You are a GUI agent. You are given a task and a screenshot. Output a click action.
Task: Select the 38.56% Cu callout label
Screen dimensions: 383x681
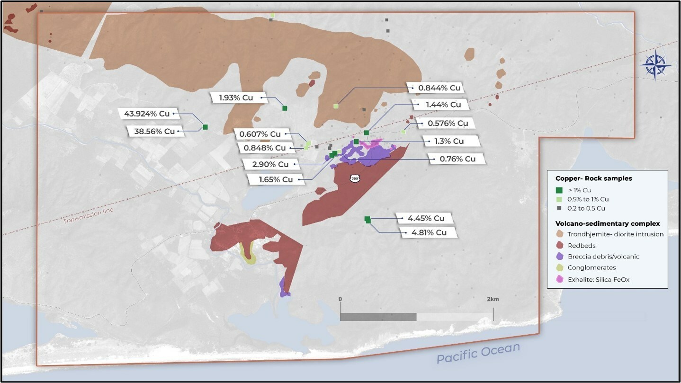(154, 132)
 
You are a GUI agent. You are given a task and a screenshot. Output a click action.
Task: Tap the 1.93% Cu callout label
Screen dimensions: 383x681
(236, 98)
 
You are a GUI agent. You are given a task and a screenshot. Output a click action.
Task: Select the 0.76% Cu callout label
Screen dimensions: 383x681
(457, 159)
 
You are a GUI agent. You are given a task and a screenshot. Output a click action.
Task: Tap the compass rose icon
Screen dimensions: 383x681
(654, 65)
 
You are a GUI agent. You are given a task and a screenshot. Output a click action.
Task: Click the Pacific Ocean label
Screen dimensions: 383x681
(478, 353)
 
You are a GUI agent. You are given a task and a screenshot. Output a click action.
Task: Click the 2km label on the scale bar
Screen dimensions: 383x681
(493, 299)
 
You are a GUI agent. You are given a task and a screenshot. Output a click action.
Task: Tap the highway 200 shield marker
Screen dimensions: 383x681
(355, 178)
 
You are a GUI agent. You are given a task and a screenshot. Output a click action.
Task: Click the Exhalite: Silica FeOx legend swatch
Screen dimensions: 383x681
(560, 280)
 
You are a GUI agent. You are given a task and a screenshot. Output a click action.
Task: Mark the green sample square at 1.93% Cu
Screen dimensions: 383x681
(285, 108)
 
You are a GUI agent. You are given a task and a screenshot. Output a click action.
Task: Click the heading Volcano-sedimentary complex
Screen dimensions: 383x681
(608, 223)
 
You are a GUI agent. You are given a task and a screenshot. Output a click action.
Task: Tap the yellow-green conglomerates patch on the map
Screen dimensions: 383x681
(248, 254)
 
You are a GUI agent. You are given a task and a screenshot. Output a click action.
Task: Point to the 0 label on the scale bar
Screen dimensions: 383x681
(340, 299)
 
